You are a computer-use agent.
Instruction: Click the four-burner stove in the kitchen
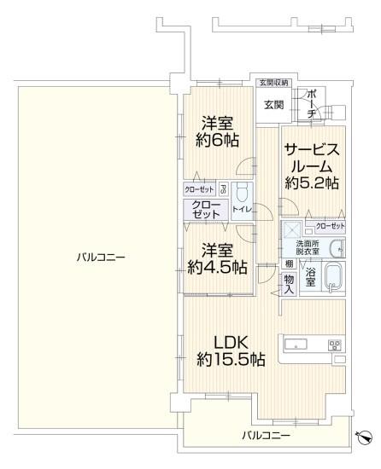pyautogui.click(x=335, y=345)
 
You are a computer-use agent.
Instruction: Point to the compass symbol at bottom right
pyautogui.click(x=365, y=437)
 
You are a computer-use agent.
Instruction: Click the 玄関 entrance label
pyautogui.click(x=273, y=105)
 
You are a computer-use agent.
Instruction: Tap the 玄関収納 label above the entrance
pyautogui.click(x=273, y=83)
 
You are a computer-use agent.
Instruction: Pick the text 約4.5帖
pyautogui.click(x=216, y=268)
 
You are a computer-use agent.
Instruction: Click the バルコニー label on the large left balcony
pyautogui.click(x=99, y=257)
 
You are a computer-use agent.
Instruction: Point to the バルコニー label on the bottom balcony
pyautogui.click(x=265, y=436)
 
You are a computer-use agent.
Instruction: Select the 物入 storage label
pyautogui.click(x=289, y=284)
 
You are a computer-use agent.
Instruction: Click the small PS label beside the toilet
pyautogui.click(x=223, y=189)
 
